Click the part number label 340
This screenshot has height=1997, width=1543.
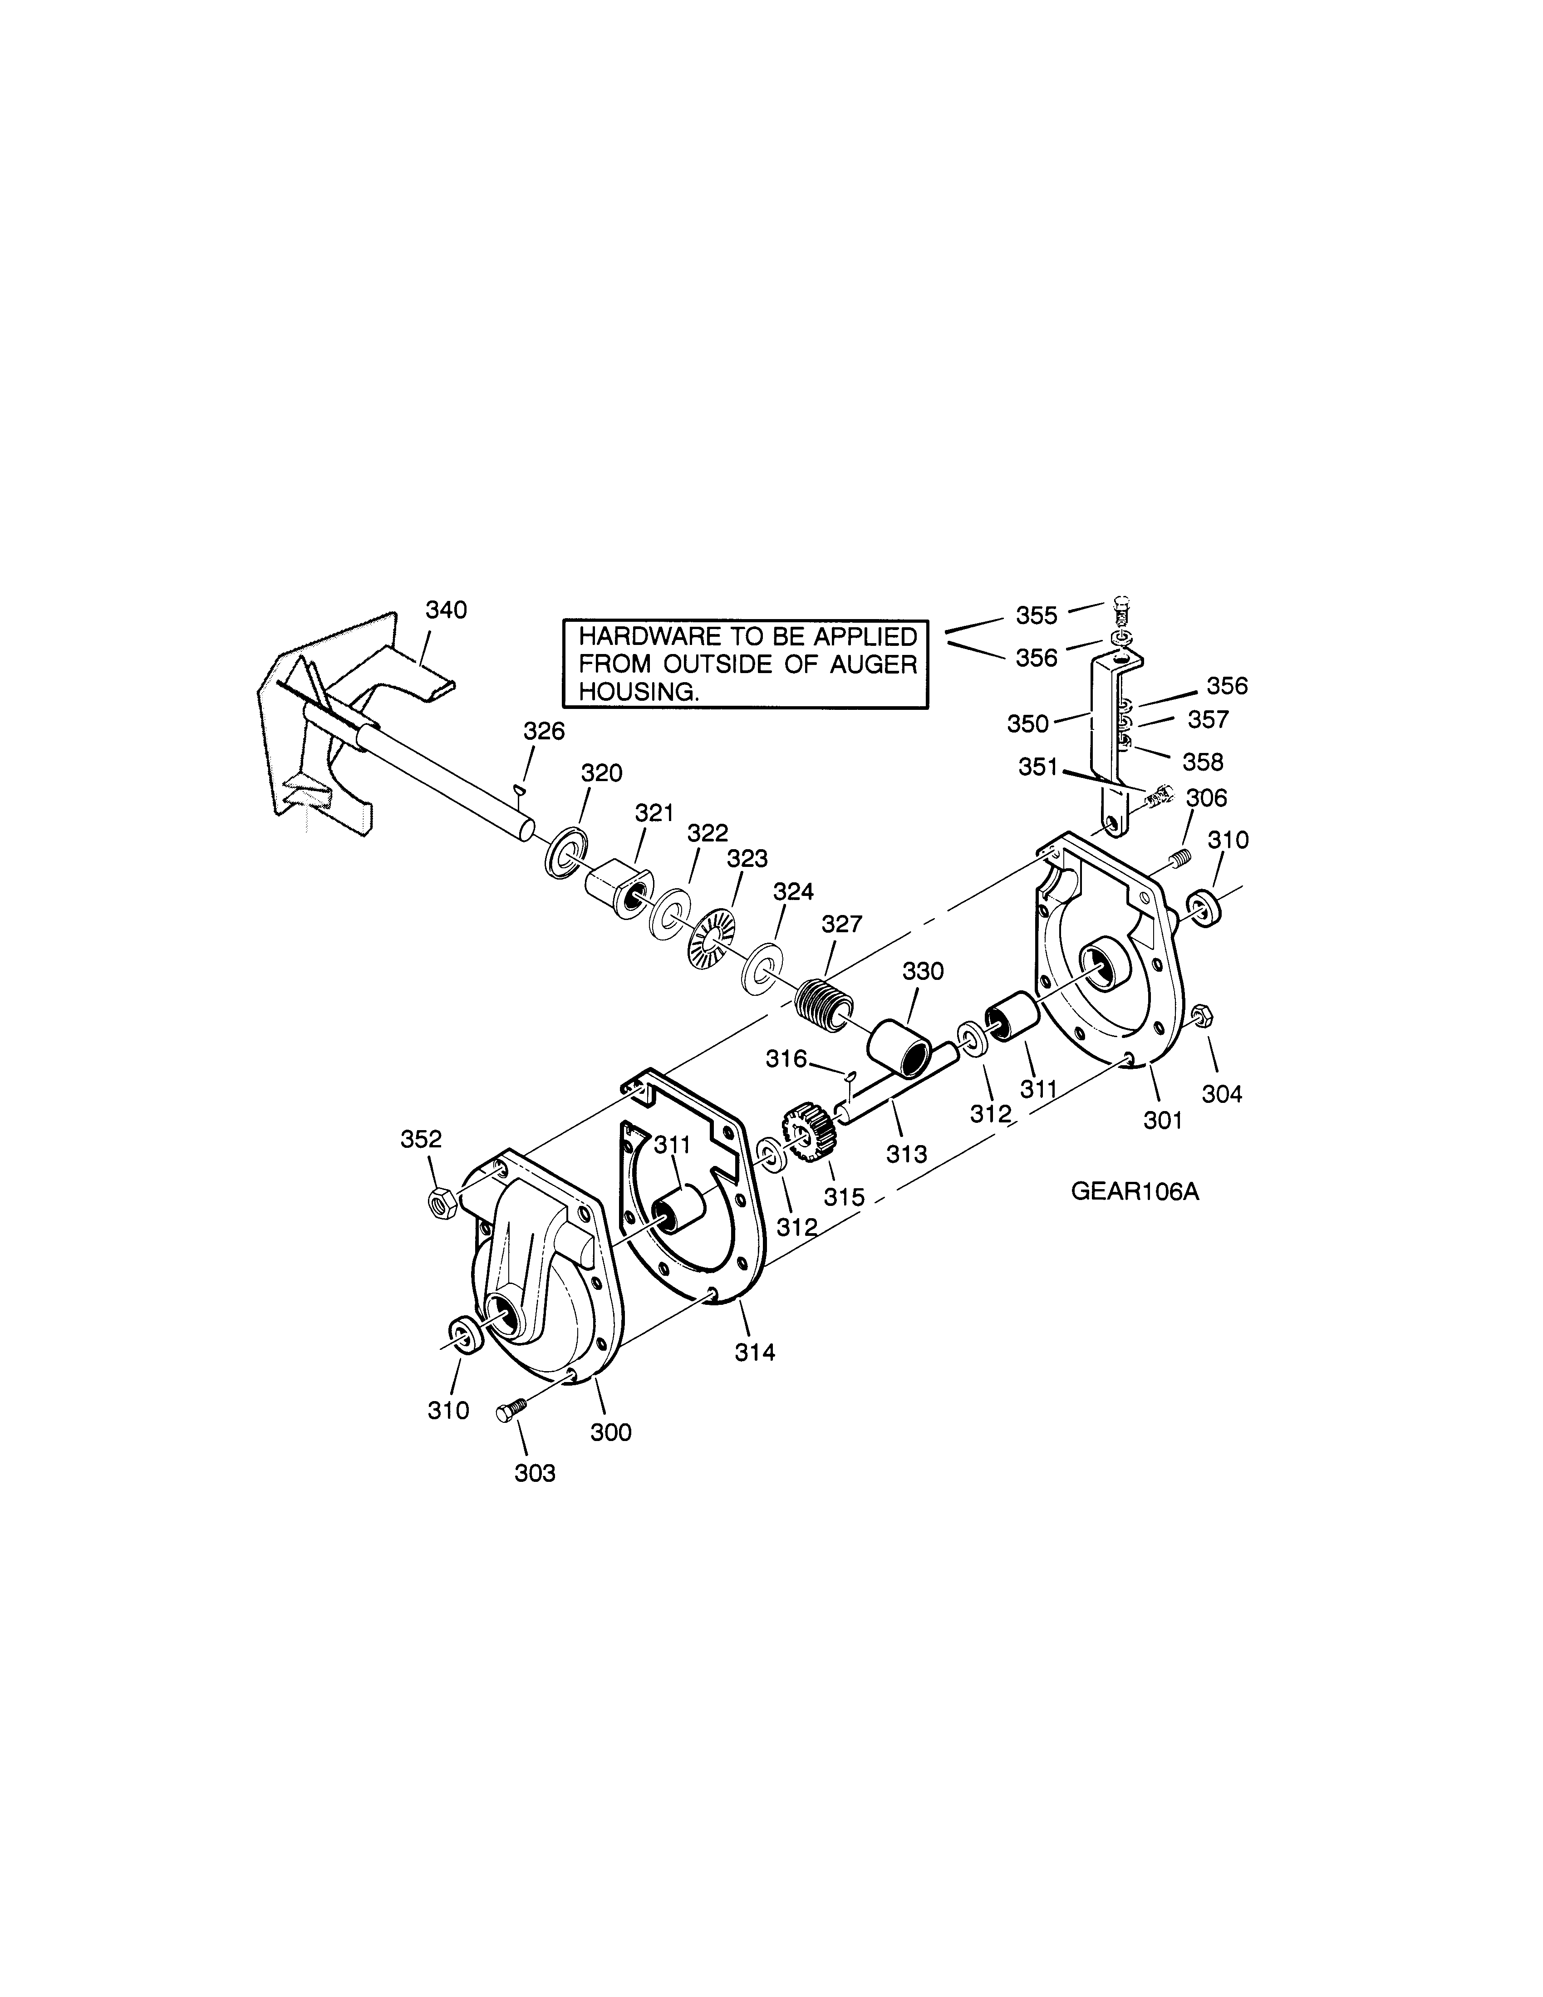[x=446, y=610]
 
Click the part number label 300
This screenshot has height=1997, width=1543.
[x=610, y=1432]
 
